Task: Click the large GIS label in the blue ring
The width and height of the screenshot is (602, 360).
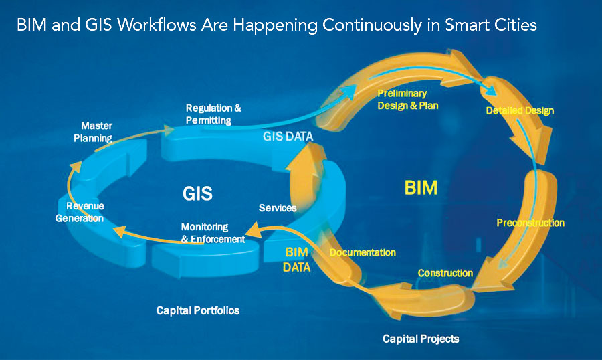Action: point(197,193)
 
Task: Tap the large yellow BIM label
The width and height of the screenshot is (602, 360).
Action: point(421,188)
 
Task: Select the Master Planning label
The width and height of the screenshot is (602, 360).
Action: point(93,132)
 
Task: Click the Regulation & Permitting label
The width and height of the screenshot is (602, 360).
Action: point(213,114)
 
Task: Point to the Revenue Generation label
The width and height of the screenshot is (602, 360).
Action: point(80,212)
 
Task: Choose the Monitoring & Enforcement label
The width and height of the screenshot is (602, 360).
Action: point(213,233)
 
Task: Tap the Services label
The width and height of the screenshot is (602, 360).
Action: point(278,208)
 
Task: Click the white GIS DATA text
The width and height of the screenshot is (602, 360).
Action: point(288,136)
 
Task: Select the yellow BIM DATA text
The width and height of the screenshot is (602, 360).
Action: point(296,260)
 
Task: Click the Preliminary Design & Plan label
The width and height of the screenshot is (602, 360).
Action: point(408,100)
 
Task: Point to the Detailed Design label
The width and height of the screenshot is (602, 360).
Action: point(520,110)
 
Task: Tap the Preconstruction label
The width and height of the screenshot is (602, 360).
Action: point(530,223)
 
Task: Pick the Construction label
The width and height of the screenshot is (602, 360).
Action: point(445,273)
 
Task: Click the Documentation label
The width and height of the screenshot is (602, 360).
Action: point(363,252)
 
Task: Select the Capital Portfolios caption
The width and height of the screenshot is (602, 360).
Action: point(198,310)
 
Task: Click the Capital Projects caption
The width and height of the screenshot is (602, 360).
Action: point(421,339)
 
